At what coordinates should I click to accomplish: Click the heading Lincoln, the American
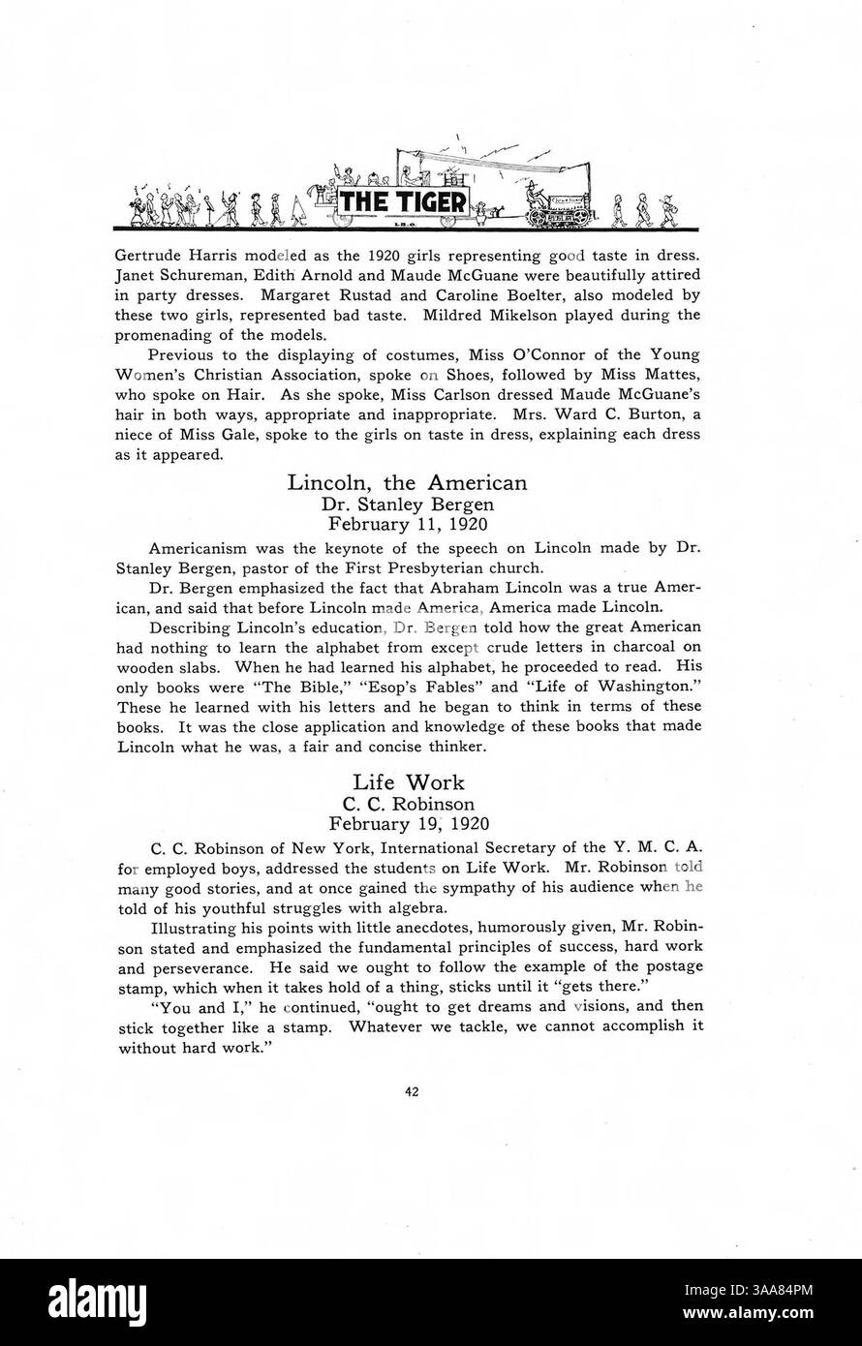click(407, 482)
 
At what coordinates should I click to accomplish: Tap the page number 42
click(412, 1092)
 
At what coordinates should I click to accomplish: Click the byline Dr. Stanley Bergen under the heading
click(407, 504)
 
